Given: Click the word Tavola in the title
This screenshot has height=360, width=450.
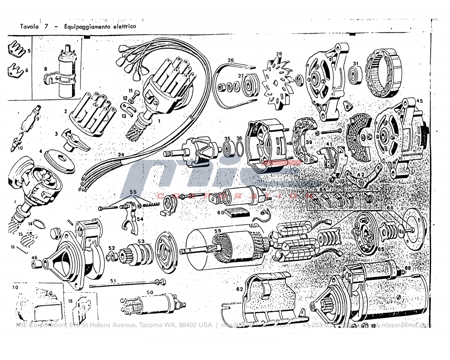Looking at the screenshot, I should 29,27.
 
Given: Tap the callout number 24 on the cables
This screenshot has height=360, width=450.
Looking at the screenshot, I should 120,154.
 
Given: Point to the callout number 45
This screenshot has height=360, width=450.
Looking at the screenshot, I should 419,101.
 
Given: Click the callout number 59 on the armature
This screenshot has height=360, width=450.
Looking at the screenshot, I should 218,232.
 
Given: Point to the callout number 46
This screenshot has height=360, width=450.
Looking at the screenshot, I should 34,258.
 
